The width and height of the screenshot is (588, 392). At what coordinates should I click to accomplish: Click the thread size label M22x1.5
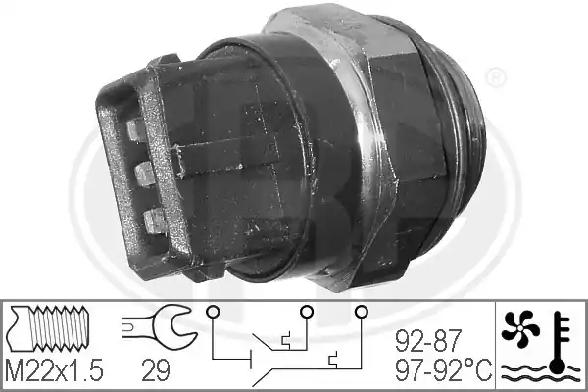click(54, 369)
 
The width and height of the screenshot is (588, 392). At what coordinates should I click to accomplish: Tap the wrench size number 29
click(155, 369)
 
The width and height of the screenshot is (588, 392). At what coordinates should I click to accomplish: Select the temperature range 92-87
click(427, 341)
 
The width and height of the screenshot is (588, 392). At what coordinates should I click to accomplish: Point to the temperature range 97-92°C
click(444, 369)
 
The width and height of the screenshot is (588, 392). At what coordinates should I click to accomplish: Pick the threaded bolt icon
click(48, 328)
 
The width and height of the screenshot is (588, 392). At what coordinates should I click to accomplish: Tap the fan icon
click(520, 328)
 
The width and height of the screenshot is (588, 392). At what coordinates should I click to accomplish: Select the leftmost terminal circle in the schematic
click(213, 311)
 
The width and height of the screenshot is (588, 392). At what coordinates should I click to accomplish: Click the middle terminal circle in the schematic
click(307, 311)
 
